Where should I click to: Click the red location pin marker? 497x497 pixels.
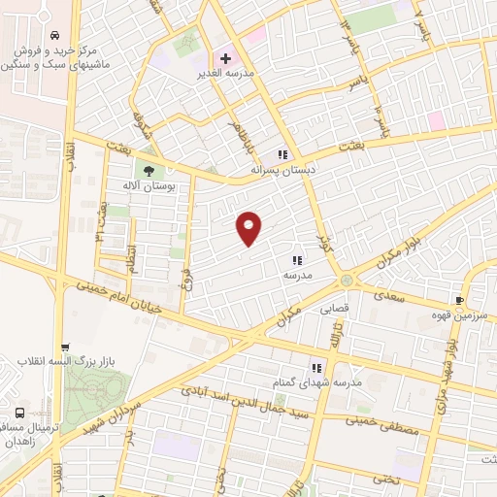tap(249, 228)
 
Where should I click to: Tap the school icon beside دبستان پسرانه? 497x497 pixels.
tap(282, 154)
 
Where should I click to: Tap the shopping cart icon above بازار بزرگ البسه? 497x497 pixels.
tap(65, 348)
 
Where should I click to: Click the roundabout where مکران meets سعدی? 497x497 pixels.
tap(346, 282)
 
